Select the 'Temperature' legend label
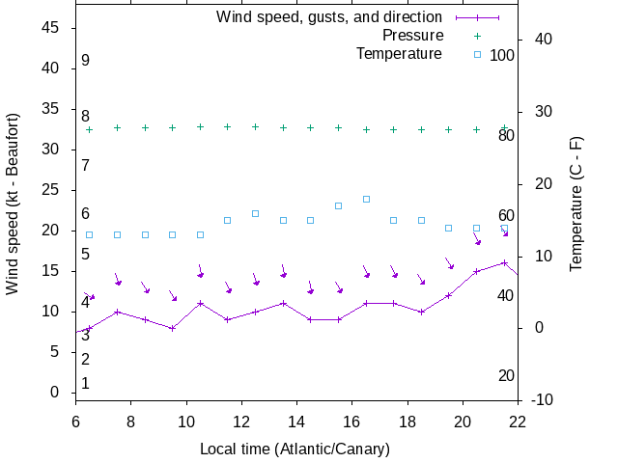(399, 53)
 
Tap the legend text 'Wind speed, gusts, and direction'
(329, 16)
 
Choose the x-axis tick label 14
(296, 420)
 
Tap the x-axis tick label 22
(518, 420)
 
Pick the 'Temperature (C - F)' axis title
(576, 204)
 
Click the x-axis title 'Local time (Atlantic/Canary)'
(295, 449)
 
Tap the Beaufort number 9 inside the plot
(86, 61)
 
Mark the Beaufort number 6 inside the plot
(86, 214)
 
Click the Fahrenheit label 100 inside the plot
(502, 55)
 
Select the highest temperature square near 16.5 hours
(366, 199)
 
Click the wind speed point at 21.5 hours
(504, 262)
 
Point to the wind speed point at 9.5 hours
(172, 328)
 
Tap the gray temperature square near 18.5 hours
(421, 220)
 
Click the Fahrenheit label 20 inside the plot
(506, 375)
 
